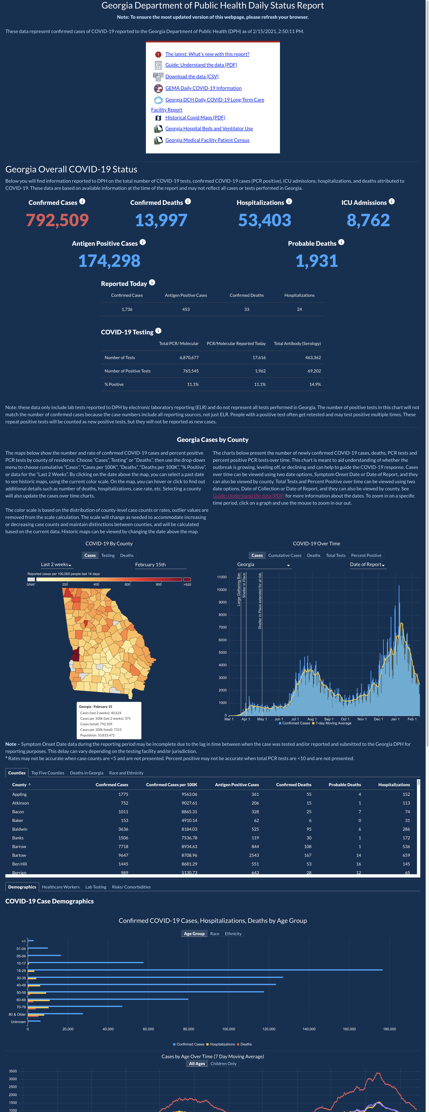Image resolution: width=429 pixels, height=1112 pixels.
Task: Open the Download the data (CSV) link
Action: coord(192,76)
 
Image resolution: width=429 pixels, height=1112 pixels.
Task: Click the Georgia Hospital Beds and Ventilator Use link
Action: coord(209,129)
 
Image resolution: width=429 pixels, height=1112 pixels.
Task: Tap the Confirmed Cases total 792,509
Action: coord(57,220)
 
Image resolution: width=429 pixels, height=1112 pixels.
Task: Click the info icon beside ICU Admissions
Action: coord(391,202)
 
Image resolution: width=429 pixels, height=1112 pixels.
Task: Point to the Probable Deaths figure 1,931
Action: coord(317,261)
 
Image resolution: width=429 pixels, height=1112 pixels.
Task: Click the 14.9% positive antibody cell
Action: coord(315,384)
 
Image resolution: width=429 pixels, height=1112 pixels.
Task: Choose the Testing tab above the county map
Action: coord(108,556)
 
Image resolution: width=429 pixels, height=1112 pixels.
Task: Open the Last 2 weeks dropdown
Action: coord(56,565)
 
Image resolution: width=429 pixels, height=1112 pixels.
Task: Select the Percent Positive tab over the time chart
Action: coord(366,556)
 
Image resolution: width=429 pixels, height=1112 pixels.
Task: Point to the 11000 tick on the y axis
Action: coord(222,577)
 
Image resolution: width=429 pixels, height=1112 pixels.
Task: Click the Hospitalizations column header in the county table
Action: coord(394,785)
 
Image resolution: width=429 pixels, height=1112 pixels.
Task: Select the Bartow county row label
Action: coord(19,855)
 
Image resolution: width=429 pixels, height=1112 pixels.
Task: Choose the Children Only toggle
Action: coord(223,1064)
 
